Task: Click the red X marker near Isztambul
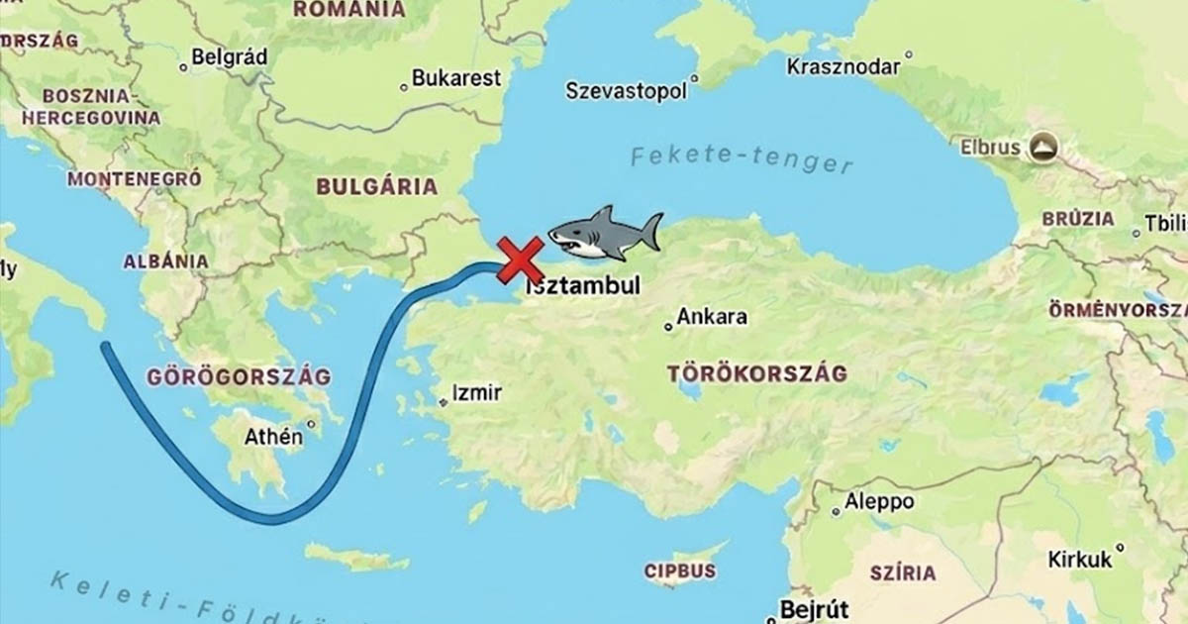(x=519, y=260)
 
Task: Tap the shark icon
(x=605, y=233)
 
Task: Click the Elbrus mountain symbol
(x=1041, y=149)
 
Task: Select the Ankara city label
(x=712, y=319)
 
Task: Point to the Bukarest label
(x=456, y=79)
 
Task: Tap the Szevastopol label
(x=626, y=91)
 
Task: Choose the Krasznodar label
(x=843, y=67)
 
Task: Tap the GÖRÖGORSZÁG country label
(x=238, y=377)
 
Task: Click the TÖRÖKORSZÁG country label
(x=756, y=374)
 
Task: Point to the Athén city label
(x=273, y=436)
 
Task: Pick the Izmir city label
(x=476, y=392)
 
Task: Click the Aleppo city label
(x=879, y=502)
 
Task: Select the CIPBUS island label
(x=679, y=572)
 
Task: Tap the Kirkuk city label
(x=1080, y=560)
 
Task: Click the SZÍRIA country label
(x=902, y=573)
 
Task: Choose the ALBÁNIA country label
(x=165, y=261)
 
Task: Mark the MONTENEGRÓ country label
(x=135, y=179)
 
